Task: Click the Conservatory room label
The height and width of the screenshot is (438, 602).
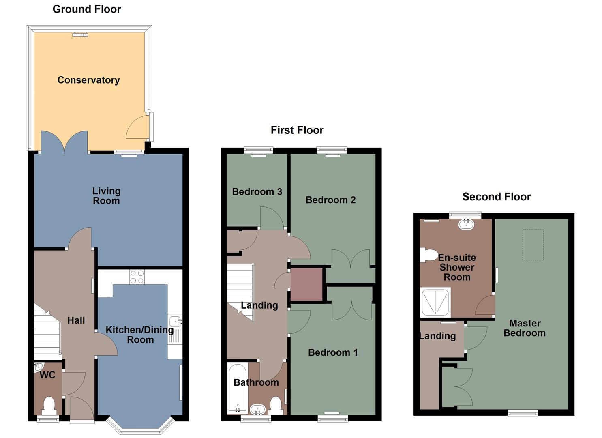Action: [88, 80]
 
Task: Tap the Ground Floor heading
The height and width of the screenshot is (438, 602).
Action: [87, 9]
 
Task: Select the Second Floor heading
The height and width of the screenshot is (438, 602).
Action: [496, 197]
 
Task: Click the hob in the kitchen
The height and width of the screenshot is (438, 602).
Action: [137, 277]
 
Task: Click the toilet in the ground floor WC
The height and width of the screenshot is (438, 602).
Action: [49, 405]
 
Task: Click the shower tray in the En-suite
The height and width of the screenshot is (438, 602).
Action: [435, 302]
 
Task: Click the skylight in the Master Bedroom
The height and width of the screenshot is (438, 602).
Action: [533, 245]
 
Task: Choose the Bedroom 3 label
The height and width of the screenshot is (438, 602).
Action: [257, 192]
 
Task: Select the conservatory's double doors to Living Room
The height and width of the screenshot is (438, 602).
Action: [64, 142]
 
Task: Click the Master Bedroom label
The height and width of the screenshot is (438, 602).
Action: [524, 328]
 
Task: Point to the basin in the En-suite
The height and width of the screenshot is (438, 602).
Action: [466, 224]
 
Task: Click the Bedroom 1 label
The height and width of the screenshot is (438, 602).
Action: [333, 352]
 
